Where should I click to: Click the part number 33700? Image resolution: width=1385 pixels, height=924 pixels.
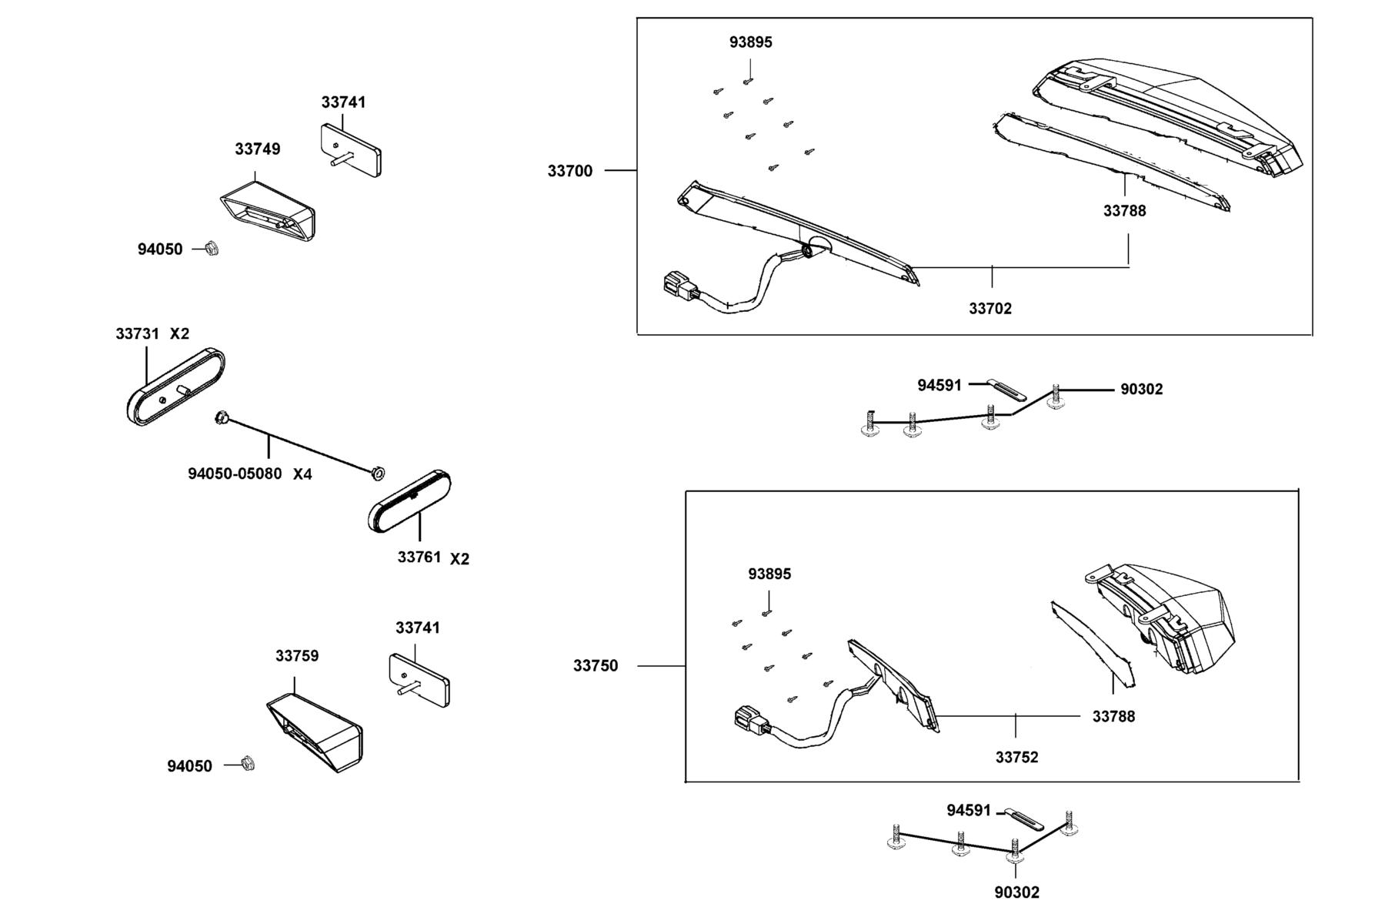[x=570, y=171]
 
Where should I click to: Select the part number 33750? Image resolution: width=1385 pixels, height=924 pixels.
[x=596, y=665]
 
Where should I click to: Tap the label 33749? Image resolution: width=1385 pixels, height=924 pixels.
[x=258, y=149]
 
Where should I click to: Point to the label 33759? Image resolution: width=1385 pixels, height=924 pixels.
[x=297, y=656]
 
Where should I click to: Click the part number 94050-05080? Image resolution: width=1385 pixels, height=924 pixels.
[x=235, y=474]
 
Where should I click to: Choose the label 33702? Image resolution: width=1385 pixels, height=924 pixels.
[x=990, y=309]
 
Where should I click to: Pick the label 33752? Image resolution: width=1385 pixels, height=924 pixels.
[x=1016, y=758]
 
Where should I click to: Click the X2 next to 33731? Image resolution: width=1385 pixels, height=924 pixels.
[x=179, y=334]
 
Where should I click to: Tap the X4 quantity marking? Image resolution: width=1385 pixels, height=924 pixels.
[x=302, y=474]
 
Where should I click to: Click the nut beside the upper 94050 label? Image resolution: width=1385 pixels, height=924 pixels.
[x=210, y=249]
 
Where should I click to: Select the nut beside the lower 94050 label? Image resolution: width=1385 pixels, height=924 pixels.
[x=247, y=763]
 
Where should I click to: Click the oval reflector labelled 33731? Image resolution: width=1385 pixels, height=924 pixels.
[x=175, y=387]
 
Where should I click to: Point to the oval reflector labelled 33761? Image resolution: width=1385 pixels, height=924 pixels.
[x=410, y=500]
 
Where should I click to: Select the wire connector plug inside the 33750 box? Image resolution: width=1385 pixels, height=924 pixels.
[x=750, y=721]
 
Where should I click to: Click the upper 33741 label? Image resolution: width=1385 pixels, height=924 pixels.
[x=343, y=102]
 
